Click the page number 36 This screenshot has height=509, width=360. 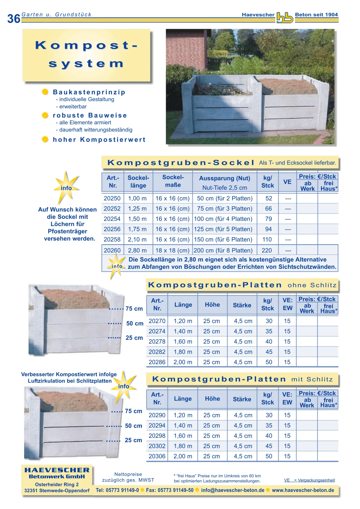(x=14, y=19)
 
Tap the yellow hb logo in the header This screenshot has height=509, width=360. (x=285, y=18)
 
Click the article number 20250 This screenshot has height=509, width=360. (x=112, y=198)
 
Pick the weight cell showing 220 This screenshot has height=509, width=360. (x=267, y=250)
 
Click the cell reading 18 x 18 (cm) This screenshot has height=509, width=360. (x=172, y=250)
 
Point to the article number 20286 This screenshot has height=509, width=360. (x=157, y=362)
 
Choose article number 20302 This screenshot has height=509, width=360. (x=157, y=446)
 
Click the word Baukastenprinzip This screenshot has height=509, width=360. (x=89, y=92)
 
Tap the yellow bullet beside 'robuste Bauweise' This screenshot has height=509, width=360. (x=45, y=115)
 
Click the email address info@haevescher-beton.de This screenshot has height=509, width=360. (x=233, y=490)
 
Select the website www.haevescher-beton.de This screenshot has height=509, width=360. (x=303, y=490)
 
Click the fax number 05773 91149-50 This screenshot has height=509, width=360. (x=170, y=490)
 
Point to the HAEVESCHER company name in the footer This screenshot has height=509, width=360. (x=57, y=470)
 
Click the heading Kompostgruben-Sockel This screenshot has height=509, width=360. (x=181, y=163)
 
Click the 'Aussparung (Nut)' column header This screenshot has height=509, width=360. (x=224, y=178)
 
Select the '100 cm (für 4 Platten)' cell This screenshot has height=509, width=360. (x=223, y=219)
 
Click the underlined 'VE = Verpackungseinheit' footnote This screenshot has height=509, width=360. (x=309, y=480)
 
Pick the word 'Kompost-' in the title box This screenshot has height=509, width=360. (x=87, y=45)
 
